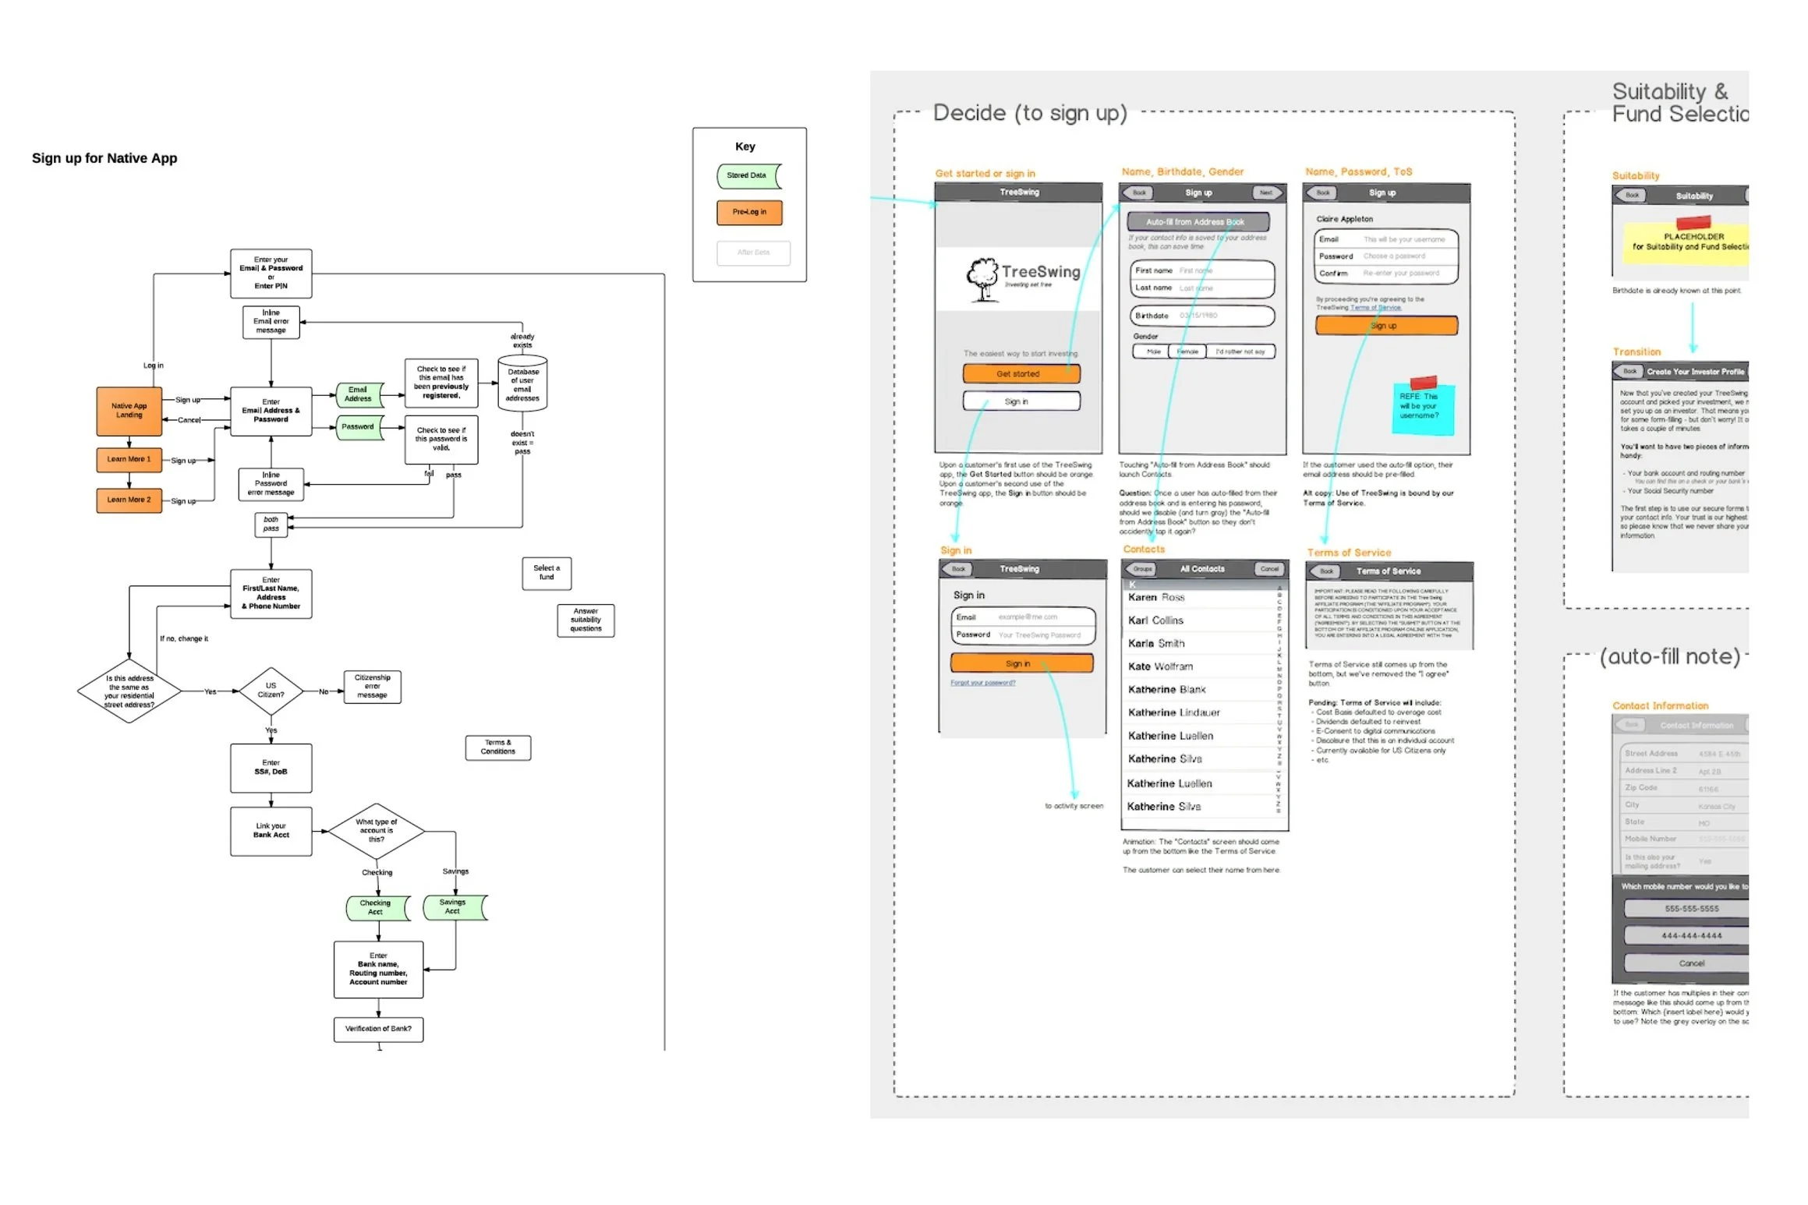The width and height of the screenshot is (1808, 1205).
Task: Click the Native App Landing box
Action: coord(129,411)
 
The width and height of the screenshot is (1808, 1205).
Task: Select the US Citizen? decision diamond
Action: coord(271,691)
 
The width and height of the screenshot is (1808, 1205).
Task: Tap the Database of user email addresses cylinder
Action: coord(522,384)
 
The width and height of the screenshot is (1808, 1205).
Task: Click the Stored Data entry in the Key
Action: coord(748,176)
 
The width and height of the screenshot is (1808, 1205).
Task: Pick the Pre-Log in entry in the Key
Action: coord(749,212)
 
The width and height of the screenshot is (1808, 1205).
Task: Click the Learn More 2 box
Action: coord(129,500)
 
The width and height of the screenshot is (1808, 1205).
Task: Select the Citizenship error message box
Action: coord(373,687)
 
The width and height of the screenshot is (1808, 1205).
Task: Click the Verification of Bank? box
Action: coord(378,1029)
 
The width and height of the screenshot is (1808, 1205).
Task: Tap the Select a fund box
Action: coord(547,573)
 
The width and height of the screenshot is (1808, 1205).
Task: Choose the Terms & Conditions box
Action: coord(498,747)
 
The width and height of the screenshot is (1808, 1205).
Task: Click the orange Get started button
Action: coord(1021,374)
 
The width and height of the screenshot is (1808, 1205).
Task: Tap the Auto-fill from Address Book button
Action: coord(1198,222)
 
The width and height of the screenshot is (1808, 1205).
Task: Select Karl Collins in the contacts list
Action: coord(1155,621)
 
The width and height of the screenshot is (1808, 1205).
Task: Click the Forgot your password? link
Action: coord(982,683)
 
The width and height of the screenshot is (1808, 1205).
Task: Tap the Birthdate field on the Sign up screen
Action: coord(1201,316)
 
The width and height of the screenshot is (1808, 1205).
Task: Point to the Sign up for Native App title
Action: coord(104,158)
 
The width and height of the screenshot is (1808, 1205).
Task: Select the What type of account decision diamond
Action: coord(377,831)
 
